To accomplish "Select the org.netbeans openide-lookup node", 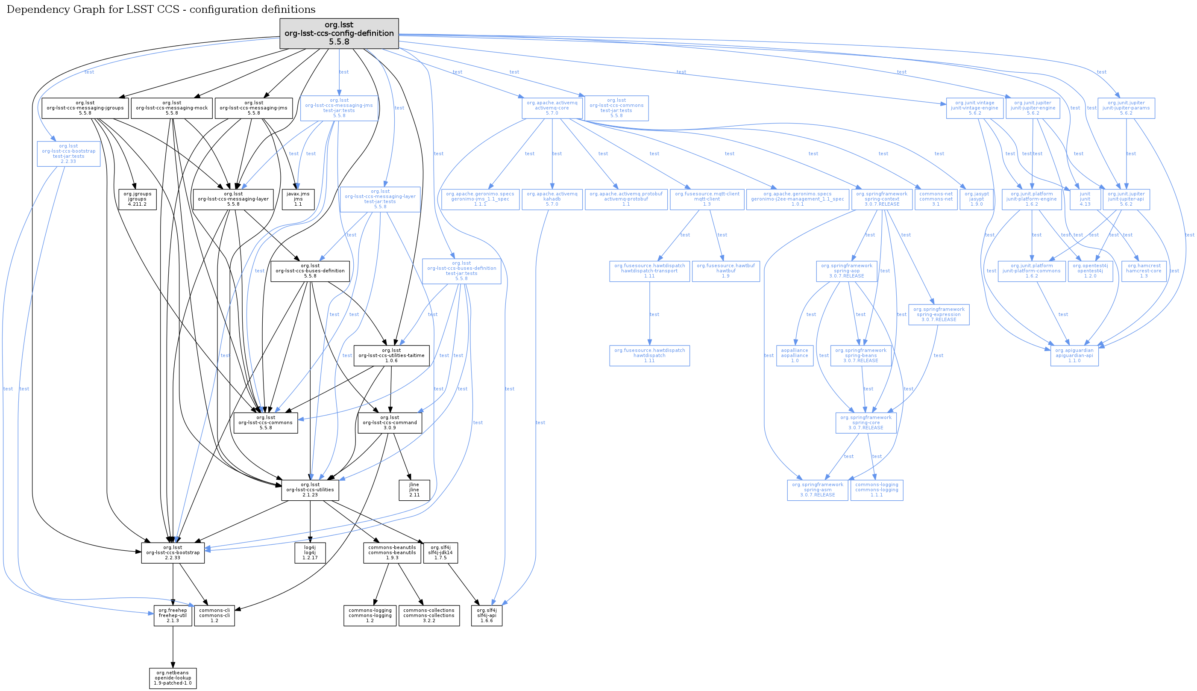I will (x=173, y=678).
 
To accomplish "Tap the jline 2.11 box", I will (x=414, y=490).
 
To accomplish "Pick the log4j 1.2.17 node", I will (x=310, y=552).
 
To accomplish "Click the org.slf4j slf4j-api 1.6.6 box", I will (x=487, y=616).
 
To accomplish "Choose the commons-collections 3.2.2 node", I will (x=429, y=616).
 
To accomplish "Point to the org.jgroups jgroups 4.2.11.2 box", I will (x=137, y=199).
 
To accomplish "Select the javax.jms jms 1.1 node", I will (x=298, y=199).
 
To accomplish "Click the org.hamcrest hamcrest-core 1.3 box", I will (x=1144, y=271).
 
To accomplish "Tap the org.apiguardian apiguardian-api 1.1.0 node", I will (x=1074, y=355).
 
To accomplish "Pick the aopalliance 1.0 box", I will (x=795, y=355).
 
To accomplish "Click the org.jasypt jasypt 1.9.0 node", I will (x=976, y=199).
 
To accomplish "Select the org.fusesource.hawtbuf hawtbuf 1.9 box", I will (x=725, y=271).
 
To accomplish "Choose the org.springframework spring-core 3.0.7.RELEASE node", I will (x=865, y=423).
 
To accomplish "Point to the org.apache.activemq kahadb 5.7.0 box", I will (x=552, y=199).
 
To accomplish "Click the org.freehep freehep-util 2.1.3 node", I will (x=173, y=616).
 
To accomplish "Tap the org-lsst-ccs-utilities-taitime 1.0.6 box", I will (x=391, y=355).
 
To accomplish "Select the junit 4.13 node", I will (x=1085, y=199).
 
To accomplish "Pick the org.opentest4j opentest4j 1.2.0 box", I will (x=1090, y=271).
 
